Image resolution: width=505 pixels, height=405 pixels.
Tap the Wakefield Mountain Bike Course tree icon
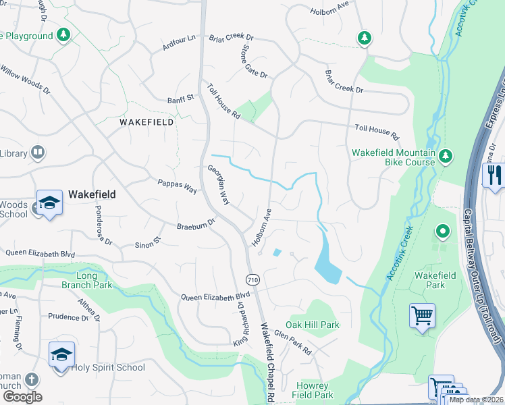(x=445, y=157)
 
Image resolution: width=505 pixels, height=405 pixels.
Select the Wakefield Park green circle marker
(x=443, y=232)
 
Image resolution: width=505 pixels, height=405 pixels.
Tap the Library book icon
(x=38, y=154)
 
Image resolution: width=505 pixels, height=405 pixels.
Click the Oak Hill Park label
(x=313, y=325)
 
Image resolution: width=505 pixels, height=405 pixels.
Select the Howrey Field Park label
(x=314, y=389)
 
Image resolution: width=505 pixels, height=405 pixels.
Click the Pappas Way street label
(x=176, y=186)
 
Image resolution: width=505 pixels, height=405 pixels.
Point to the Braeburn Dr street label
(x=195, y=224)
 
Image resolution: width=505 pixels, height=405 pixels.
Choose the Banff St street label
(x=180, y=99)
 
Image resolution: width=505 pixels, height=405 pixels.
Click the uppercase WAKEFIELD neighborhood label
(x=146, y=122)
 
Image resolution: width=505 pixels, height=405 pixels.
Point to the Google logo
(x=22, y=396)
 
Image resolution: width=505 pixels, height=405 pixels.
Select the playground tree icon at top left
(x=63, y=34)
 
